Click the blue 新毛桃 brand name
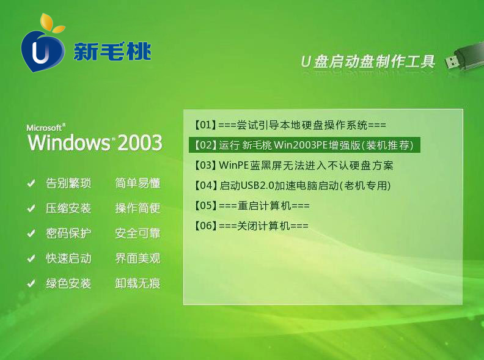(x=112, y=51)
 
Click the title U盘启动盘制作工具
(x=368, y=62)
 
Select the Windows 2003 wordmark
(x=95, y=142)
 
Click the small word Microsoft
(x=44, y=128)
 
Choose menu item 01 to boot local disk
(x=290, y=125)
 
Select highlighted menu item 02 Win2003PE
(x=304, y=145)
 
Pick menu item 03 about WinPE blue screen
(x=293, y=166)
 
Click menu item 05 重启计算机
(x=252, y=205)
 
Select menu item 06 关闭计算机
(x=251, y=226)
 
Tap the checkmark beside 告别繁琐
(x=31, y=183)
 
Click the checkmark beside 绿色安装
(x=31, y=284)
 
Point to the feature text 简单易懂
(x=137, y=183)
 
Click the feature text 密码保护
(x=68, y=233)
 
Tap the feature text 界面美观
(x=137, y=258)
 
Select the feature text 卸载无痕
(x=137, y=283)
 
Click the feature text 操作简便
(x=137, y=208)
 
